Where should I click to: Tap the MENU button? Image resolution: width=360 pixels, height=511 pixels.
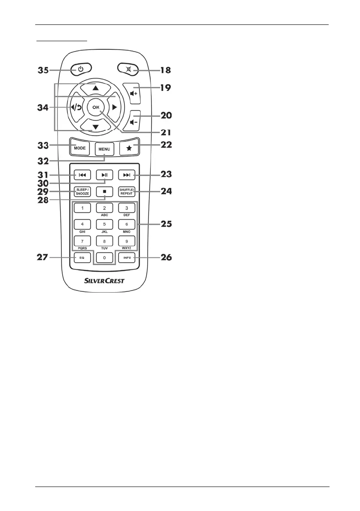tap(104, 150)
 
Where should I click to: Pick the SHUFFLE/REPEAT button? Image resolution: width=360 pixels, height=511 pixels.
tap(127, 191)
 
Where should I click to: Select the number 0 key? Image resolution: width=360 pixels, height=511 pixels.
tap(104, 258)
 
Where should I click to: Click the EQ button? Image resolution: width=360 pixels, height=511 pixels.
tap(82, 258)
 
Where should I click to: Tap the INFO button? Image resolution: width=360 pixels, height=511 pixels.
tap(127, 258)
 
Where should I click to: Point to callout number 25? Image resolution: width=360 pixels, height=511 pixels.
tap(163, 224)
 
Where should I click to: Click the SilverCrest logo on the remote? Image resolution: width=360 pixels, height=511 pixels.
tap(104, 281)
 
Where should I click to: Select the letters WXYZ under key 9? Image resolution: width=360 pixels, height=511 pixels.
tap(127, 248)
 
